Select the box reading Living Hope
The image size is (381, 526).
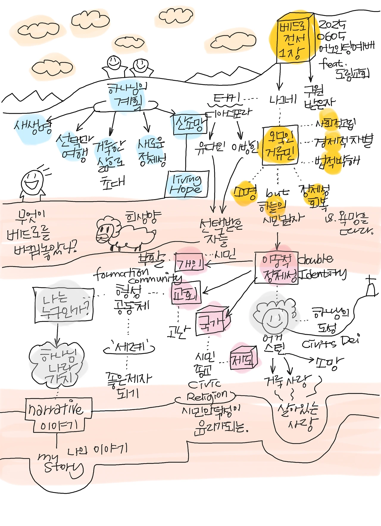187,184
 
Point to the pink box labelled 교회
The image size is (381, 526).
186,293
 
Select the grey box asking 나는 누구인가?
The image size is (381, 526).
64,305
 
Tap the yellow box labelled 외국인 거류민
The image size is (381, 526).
280,145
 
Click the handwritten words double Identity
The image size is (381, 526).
321,267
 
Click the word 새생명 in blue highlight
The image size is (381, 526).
33,127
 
